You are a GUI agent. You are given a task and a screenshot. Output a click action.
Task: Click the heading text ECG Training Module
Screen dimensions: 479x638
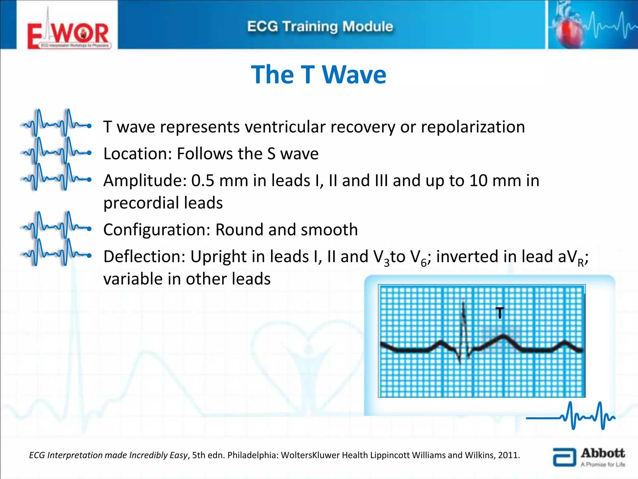(320, 27)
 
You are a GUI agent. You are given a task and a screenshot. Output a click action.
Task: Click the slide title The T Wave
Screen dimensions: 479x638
(318, 75)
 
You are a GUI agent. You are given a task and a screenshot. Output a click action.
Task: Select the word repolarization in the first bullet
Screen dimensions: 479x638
(473, 127)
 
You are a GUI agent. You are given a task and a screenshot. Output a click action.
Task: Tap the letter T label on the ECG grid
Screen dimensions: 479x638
(500, 313)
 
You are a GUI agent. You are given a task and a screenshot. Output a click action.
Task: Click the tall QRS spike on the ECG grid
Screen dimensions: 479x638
(464, 324)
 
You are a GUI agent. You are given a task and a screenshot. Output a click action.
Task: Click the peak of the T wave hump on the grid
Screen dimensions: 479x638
(503, 336)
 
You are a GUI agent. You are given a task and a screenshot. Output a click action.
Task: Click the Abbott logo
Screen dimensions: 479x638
(589, 457)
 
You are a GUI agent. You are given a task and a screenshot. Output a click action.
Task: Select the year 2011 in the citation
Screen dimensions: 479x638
(508, 455)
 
